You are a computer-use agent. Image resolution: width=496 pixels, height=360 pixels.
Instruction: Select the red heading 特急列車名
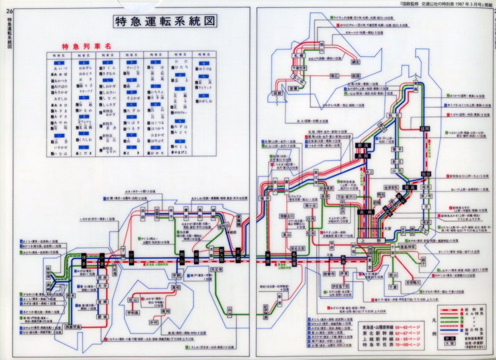[x=86, y=46]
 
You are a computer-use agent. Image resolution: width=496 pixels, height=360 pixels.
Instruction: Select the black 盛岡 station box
[x=424, y=128]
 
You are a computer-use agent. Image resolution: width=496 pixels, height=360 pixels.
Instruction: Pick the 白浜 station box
[x=231, y=308]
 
